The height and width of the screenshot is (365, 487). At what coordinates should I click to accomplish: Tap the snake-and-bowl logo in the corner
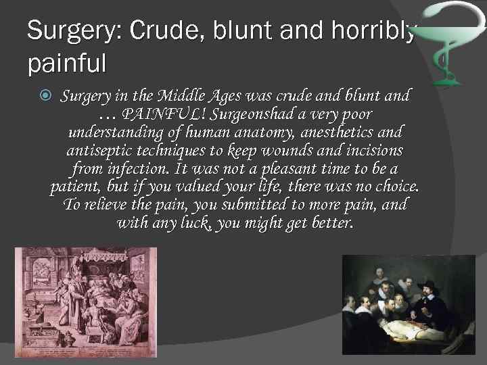click(446, 41)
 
